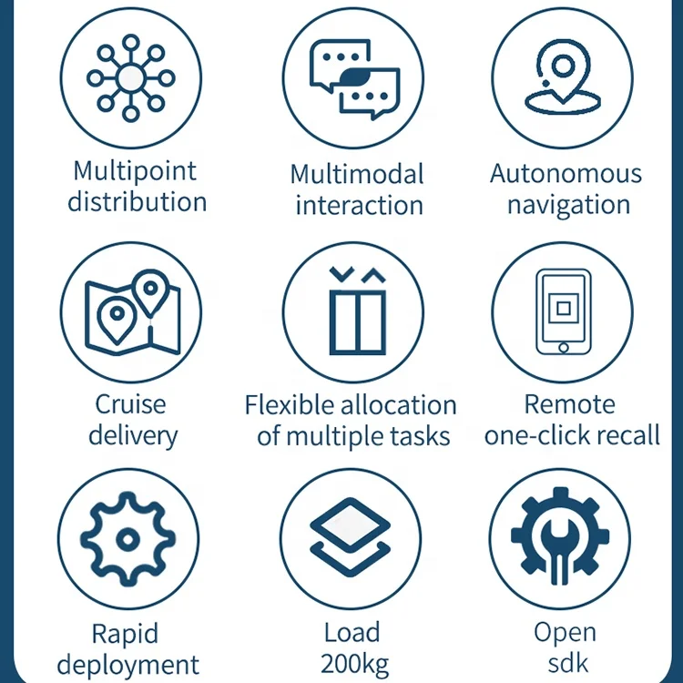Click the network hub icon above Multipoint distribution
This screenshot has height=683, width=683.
pos(131,77)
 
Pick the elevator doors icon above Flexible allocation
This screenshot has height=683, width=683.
pos(352,311)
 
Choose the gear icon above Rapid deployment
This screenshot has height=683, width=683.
pos(127,539)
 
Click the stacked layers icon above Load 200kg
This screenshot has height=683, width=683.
pos(351,539)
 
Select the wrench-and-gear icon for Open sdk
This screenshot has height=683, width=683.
pos(561,539)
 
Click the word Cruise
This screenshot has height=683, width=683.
pos(130,403)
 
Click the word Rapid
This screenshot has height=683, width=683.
pos(125,633)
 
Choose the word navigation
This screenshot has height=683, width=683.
pos(568,204)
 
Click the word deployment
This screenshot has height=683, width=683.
pos(127,664)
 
